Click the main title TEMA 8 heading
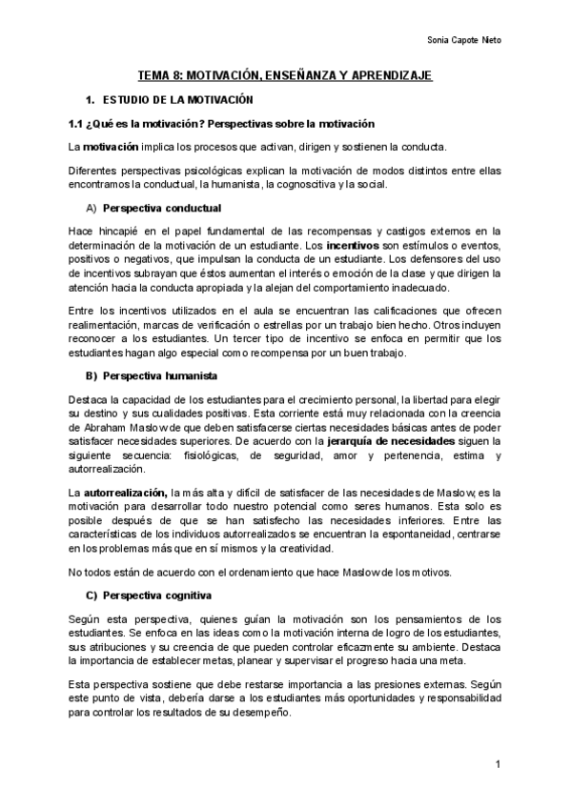click(x=286, y=74)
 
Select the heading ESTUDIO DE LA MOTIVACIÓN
click(x=175, y=99)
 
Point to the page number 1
click(x=498, y=765)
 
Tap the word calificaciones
click(x=408, y=311)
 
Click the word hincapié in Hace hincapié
click(x=115, y=232)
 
